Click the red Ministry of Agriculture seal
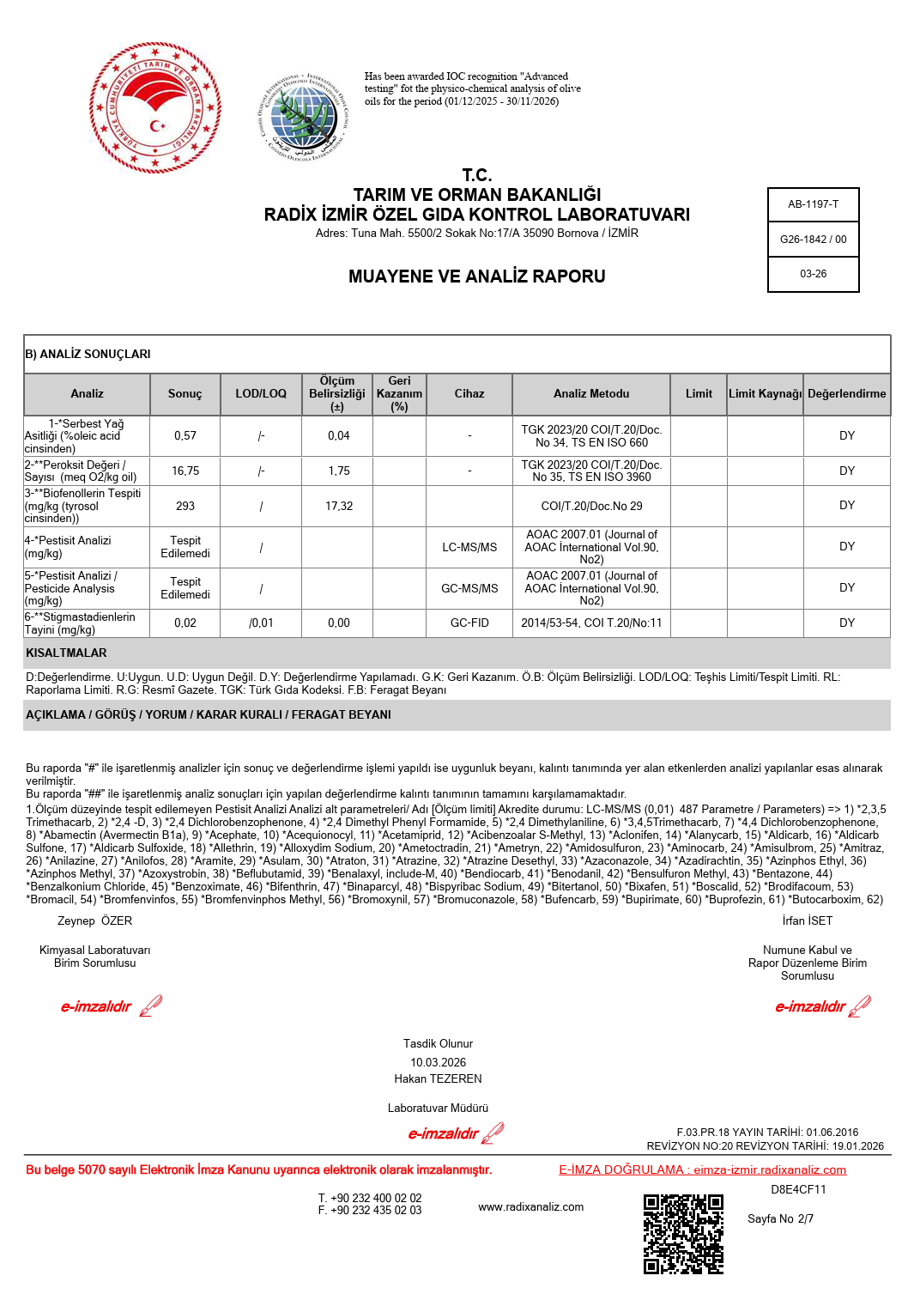(155, 108)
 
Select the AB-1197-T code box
(813, 204)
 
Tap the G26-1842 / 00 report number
(813, 240)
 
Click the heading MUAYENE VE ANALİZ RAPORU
(476, 276)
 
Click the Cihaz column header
(469, 394)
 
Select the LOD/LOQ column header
(261, 394)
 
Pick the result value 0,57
(185, 436)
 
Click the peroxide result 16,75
(185, 471)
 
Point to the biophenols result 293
(185, 507)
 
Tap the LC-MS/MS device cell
(469, 548)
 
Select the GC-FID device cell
(469, 623)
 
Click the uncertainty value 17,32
(338, 507)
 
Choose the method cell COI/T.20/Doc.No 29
(591, 507)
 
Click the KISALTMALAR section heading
(67, 653)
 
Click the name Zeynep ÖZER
(95, 921)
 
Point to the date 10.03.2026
(438, 1063)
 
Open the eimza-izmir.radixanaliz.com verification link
(770, 1170)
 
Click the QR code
(683, 1234)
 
